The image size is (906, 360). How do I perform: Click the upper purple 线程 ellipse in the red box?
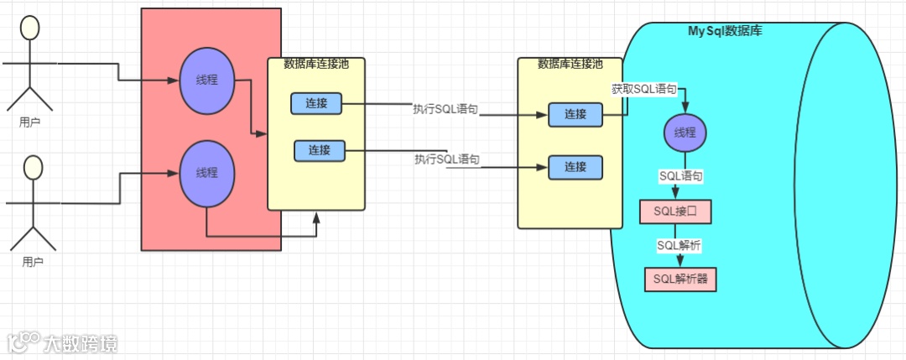pos(207,81)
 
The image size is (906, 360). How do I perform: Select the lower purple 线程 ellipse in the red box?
pos(207,173)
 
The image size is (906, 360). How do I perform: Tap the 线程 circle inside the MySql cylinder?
pos(685,133)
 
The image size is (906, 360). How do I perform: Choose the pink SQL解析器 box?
pos(681,279)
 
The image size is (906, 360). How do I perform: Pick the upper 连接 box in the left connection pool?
pos(316,104)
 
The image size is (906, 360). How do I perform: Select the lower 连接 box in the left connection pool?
pos(320,151)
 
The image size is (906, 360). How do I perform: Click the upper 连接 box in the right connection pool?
pos(575,115)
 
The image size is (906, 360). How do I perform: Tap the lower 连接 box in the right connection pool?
pos(575,167)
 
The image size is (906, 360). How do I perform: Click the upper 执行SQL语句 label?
pos(445,109)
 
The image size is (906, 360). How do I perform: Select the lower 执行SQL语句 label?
pos(447,159)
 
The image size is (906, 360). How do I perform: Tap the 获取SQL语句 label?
pos(643,89)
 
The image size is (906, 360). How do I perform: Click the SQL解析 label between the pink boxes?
pos(679,245)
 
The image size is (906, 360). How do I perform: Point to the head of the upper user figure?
pos(30,28)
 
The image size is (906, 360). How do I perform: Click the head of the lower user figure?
pos(33,167)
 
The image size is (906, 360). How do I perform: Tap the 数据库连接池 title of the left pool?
pos(315,64)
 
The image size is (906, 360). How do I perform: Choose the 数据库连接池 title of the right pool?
pos(570,64)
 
